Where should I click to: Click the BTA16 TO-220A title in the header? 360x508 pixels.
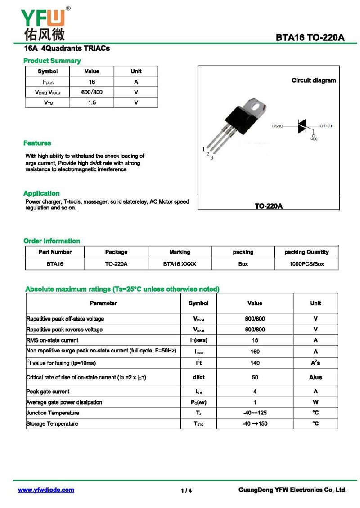[310, 38]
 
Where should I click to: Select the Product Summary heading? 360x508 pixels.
[52, 61]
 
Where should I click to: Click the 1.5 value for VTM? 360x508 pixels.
[92, 102]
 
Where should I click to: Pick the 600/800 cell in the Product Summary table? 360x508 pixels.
[92, 92]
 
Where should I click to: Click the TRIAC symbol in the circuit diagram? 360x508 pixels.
[301, 126]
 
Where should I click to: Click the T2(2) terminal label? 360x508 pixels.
[276, 126]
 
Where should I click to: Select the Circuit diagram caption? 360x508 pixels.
[314, 80]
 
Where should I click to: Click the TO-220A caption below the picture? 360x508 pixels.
[269, 206]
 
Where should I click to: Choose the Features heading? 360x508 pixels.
[37, 143]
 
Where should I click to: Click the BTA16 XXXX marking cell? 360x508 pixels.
[180, 264]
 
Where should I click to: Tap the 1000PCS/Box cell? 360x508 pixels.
[306, 264]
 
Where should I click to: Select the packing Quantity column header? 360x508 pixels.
[306, 252]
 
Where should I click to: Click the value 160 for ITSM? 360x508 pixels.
[255, 352]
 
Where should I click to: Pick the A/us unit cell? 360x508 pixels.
[315, 378]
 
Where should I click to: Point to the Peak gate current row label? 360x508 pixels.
[48, 392]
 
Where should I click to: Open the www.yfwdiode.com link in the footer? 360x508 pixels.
[46, 490]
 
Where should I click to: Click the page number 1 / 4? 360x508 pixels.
[186, 490]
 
